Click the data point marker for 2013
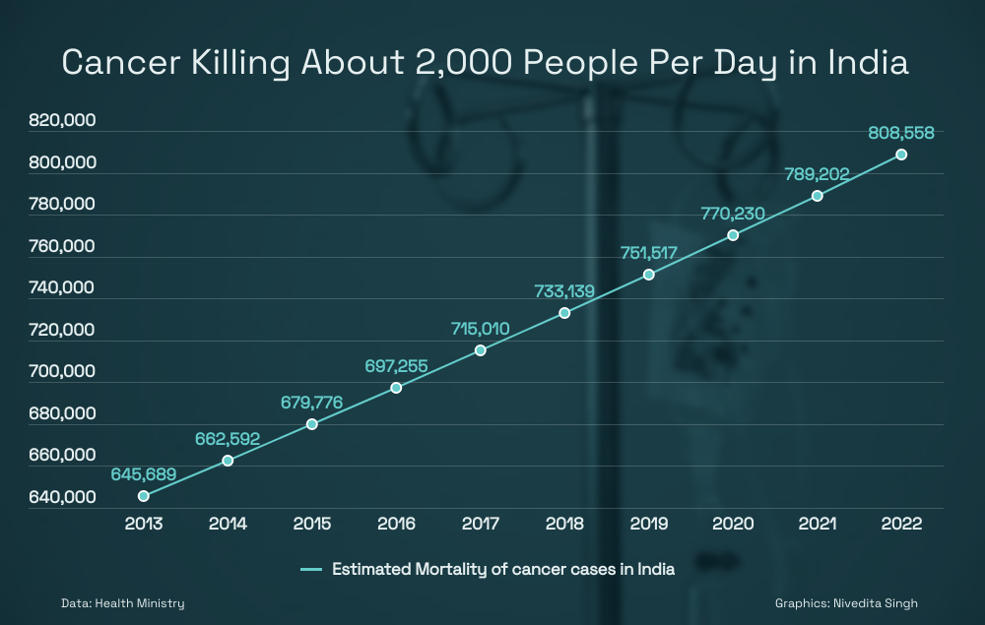(144, 496)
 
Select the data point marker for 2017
(481, 350)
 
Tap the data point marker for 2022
(901, 155)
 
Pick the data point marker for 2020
(733, 235)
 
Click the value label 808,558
(901, 132)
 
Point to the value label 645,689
(144, 473)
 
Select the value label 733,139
(564, 290)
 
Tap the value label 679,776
(312, 402)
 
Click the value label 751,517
(649, 252)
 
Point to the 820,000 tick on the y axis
(63, 121)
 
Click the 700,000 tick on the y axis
(63, 372)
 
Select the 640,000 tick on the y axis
(63, 498)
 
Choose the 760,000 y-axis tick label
(63, 247)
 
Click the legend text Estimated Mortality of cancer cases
(502, 569)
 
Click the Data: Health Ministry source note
(122, 602)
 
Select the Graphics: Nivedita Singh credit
(846, 602)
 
